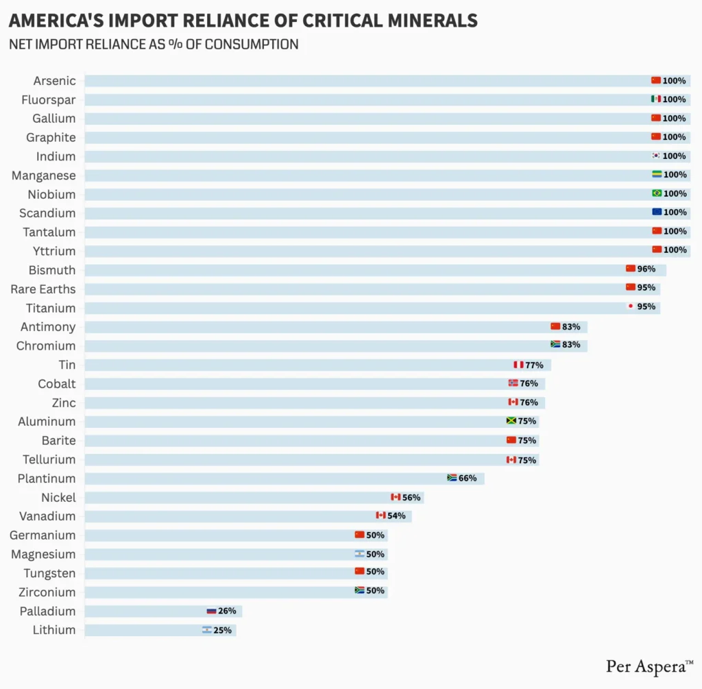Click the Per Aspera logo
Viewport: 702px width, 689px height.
point(649,666)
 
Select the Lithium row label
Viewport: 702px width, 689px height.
point(54,629)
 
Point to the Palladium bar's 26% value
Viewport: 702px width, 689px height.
point(227,610)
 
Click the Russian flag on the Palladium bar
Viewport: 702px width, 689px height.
point(212,610)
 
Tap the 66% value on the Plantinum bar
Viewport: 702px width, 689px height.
point(468,478)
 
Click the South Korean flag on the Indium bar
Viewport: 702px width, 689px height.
point(656,156)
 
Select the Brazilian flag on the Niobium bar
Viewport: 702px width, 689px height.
point(656,193)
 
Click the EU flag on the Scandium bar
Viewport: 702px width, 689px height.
point(656,212)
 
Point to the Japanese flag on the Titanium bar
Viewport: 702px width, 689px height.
point(631,306)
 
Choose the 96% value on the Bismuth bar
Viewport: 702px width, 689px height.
point(646,269)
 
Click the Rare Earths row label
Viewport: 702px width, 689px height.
point(43,289)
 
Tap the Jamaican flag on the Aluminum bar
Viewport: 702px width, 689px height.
point(511,421)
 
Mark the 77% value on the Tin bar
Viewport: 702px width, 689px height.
point(534,365)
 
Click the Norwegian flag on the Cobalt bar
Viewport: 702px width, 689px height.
point(513,383)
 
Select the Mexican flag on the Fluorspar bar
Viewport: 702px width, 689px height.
point(656,99)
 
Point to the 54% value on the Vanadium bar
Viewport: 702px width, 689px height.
point(397,515)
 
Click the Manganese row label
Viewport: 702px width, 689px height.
point(44,175)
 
